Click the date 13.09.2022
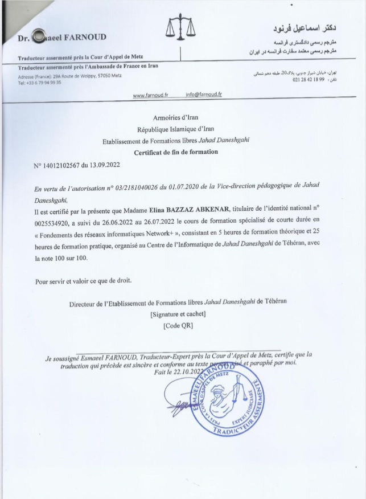pyautogui.click(x=105, y=166)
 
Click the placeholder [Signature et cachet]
pyautogui.click(x=178, y=314)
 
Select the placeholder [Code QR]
pyautogui.click(x=178, y=326)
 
